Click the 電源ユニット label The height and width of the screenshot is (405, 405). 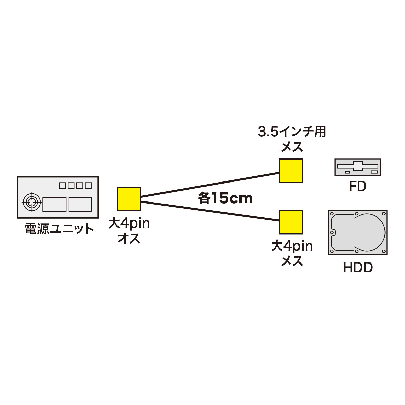pyautogui.click(x=59, y=229)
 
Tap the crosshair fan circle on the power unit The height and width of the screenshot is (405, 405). pyautogui.click(x=32, y=202)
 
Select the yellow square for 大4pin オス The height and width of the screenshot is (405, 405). pyautogui.click(x=129, y=199)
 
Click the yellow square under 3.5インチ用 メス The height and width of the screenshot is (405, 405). pyautogui.click(x=291, y=171)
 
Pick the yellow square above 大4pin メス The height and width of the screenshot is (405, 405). pyautogui.click(x=291, y=222)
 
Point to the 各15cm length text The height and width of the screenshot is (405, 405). pyautogui.click(x=225, y=198)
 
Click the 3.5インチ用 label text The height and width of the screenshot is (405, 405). pyautogui.click(x=292, y=132)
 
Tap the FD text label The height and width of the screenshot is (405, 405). pyautogui.click(x=357, y=186)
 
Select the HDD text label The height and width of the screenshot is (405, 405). pyautogui.click(x=358, y=268)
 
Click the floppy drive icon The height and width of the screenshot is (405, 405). pyautogui.click(x=358, y=167)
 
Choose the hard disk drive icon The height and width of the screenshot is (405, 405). pyautogui.click(x=358, y=232)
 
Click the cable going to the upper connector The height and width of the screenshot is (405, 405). pyautogui.click(x=210, y=185)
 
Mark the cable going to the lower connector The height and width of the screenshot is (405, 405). pyautogui.click(x=210, y=211)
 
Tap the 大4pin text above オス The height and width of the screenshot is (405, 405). pyautogui.click(x=129, y=223)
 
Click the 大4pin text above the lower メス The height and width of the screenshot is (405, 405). pyautogui.click(x=292, y=246)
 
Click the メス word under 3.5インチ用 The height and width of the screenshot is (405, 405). pyautogui.click(x=292, y=147)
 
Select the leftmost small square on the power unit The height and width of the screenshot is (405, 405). pyautogui.click(x=62, y=186)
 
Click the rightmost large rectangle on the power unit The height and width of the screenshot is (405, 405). pyautogui.click(x=80, y=205)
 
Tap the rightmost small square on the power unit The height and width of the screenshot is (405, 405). pyautogui.click(x=88, y=186)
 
